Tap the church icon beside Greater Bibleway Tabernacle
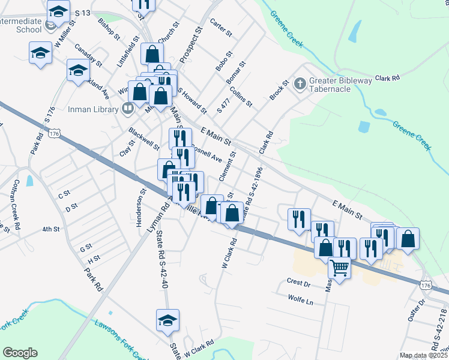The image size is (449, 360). pyautogui.click(x=300, y=83)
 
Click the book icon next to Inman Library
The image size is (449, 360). pyautogui.click(x=127, y=109)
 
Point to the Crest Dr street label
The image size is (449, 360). pyautogui.click(x=298, y=281)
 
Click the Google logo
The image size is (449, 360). pyautogui.click(x=20, y=353)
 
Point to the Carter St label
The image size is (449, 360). pyautogui.click(x=220, y=26)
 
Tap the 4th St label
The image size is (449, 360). pyautogui.click(x=51, y=229)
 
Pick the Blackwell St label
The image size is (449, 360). pyautogui.click(x=144, y=139)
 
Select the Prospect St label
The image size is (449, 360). pyautogui.click(x=188, y=40)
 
